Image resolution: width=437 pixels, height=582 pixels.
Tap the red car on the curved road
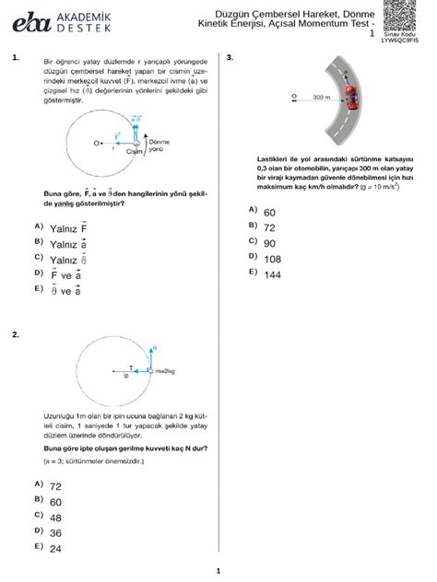(x=349, y=92)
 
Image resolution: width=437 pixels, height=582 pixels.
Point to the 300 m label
(x=322, y=96)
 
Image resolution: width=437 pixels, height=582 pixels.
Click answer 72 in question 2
(x=55, y=485)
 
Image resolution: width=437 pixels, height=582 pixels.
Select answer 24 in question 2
(x=55, y=548)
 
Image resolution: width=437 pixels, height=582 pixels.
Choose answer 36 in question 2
(x=55, y=532)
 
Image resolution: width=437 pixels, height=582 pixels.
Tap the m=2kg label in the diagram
(x=166, y=370)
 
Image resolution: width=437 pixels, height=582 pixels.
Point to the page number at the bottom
(x=218, y=570)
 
